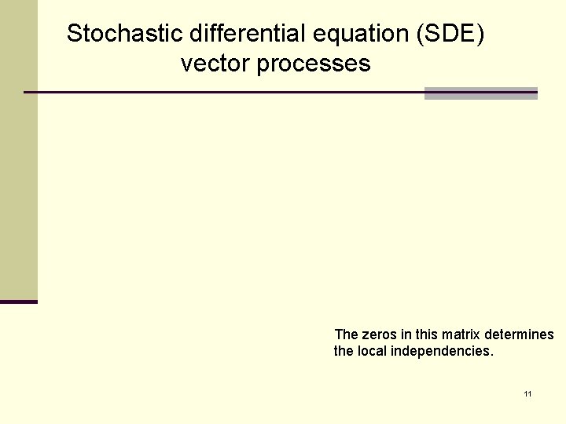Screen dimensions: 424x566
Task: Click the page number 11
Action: coord(527,393)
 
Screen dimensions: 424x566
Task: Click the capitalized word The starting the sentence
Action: coord(346,335)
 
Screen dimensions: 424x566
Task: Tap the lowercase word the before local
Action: coord(344,351)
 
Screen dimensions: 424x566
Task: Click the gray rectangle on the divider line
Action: coord(480,93)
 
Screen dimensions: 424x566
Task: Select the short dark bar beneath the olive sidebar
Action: coord(18,302)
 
